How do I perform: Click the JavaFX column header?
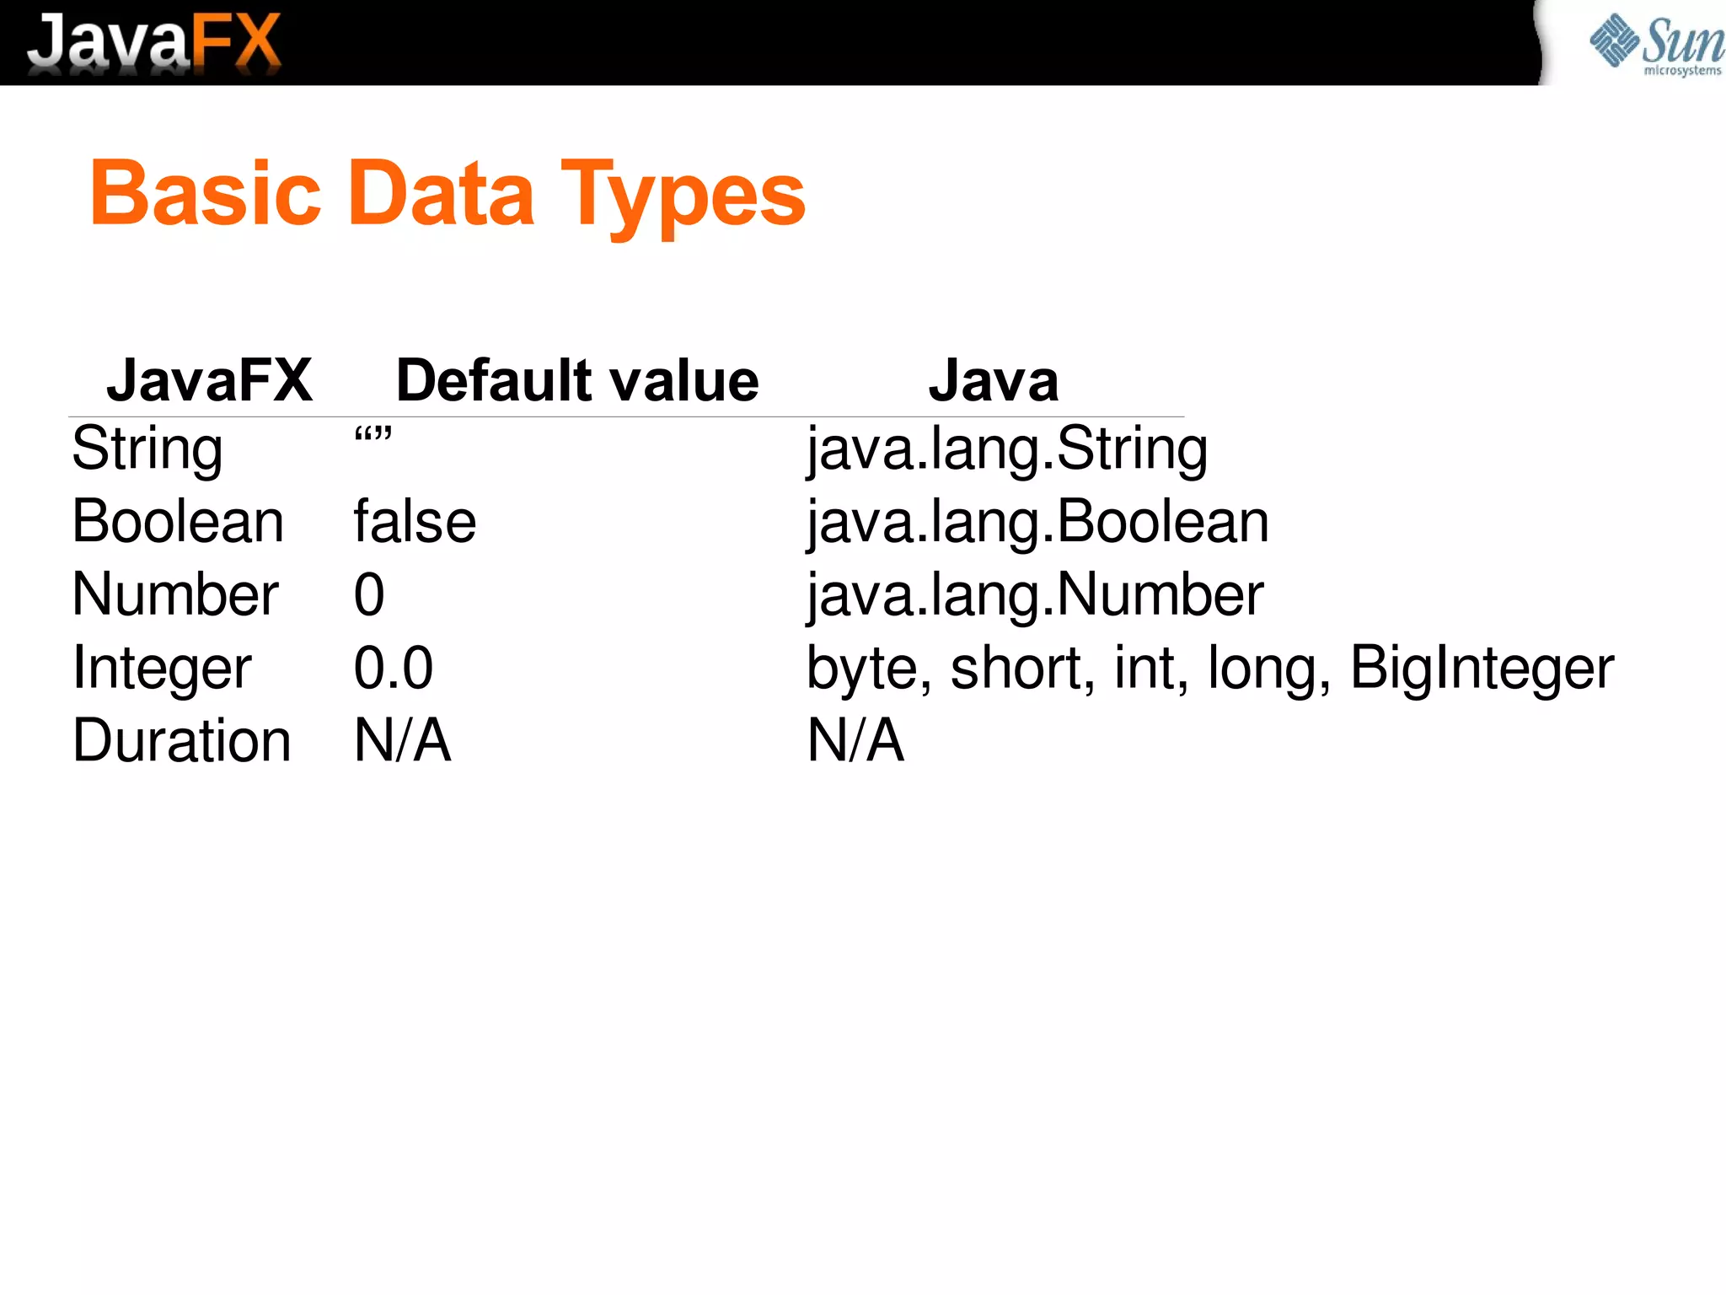tap(209, 380)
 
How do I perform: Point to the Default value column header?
tap(577, 380)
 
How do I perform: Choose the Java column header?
tap(993, 380)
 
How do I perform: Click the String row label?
tap(147, 449)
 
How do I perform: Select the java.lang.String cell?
tap(1007, 449)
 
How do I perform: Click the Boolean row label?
tap(178, 522)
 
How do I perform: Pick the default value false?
tap(415, 522)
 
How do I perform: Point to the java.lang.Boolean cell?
tap(1037, 522)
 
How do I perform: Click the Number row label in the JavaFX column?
tap(175, 594)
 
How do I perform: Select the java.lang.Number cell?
tap(1035, 594)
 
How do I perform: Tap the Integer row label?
tap(162, 669)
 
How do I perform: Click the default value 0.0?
tap(394, 668)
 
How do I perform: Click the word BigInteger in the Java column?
tap(1482, 669)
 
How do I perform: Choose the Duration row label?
tap(182, 740)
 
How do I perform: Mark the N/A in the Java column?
tap(855, 740)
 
